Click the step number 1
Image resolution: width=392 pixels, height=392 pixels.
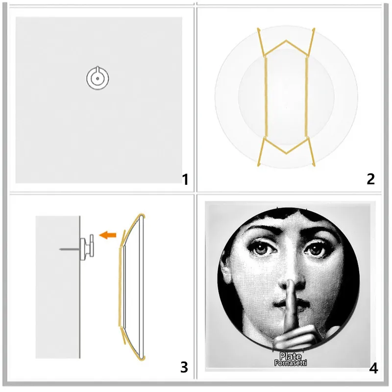[185, 180]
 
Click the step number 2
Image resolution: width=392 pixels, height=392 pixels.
[370, 179]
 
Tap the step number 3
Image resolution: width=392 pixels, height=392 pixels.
[184, 367]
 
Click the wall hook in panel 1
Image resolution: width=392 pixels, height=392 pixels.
[98, 77]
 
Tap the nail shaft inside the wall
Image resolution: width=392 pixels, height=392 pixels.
[68, 249]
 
